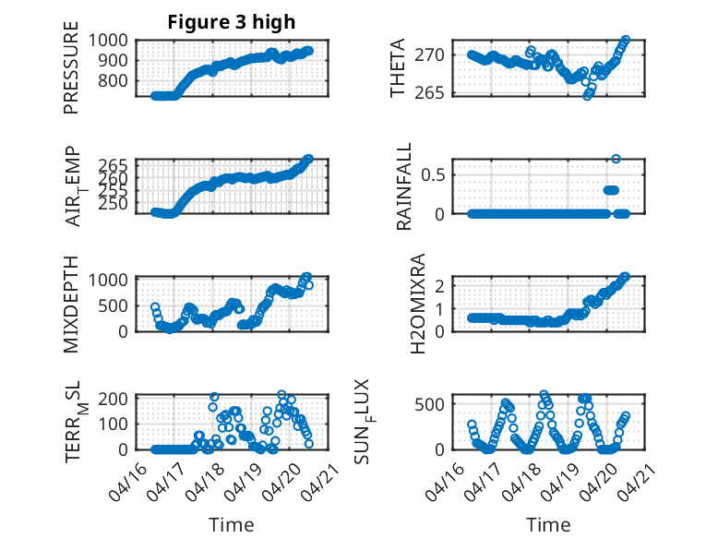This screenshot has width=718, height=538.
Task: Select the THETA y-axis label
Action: (398, 69)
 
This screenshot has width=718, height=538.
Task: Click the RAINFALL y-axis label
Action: (403, 187)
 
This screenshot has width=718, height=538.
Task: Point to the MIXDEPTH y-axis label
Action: (72, 304)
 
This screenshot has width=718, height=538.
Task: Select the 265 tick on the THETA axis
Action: (437, 92)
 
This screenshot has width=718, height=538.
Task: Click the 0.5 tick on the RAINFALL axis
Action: (437, 173)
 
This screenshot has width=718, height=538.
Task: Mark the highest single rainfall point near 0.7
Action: (616, 159)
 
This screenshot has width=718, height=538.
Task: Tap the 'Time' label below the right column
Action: (548, 524)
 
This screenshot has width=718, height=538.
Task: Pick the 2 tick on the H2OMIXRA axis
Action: (446, 286)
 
